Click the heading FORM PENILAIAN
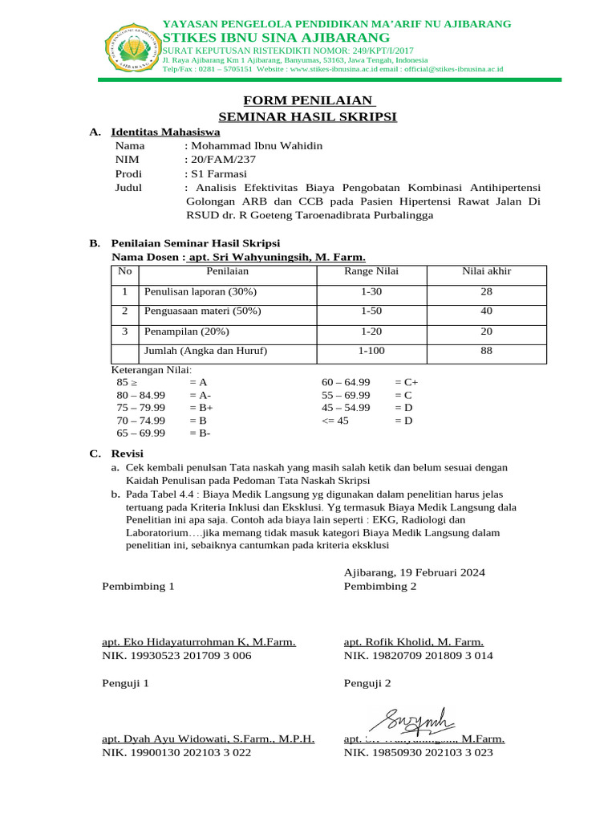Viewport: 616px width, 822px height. pyautogui.click(x=310, y=100)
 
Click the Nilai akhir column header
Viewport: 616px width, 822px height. pyautogui.click(x=486, y=271)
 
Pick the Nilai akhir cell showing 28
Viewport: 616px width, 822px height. pyautogui.click(x=486, y=291)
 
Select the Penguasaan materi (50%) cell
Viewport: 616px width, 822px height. pyautogui.click(x=202, y=311)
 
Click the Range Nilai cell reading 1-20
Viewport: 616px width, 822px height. pyautogui.click(x=371, y=331)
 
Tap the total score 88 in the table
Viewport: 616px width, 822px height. pyautogui.click(x=486, y=351)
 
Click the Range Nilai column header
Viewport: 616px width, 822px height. pyautogui.click(x=371, y=271)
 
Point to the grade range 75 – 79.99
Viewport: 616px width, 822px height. pyautogui.click(x=141, y=408)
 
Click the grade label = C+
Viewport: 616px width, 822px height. pyautogui.click(x=407, y=383)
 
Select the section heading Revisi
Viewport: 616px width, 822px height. pyautogui.click(x=127, y=454)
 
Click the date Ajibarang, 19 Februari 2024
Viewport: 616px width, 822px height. pyautogui.click(x=414, y=572)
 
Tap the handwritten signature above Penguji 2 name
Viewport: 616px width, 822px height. pyautogui.click(x=417, y=718)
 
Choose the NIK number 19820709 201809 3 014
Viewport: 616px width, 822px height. pyautogui.click(x=419, y=656)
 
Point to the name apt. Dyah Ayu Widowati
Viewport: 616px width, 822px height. pyautogui.click(x=208, y=739)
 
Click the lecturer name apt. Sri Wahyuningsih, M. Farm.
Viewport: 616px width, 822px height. pyautogui.click(x=277, y=258)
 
